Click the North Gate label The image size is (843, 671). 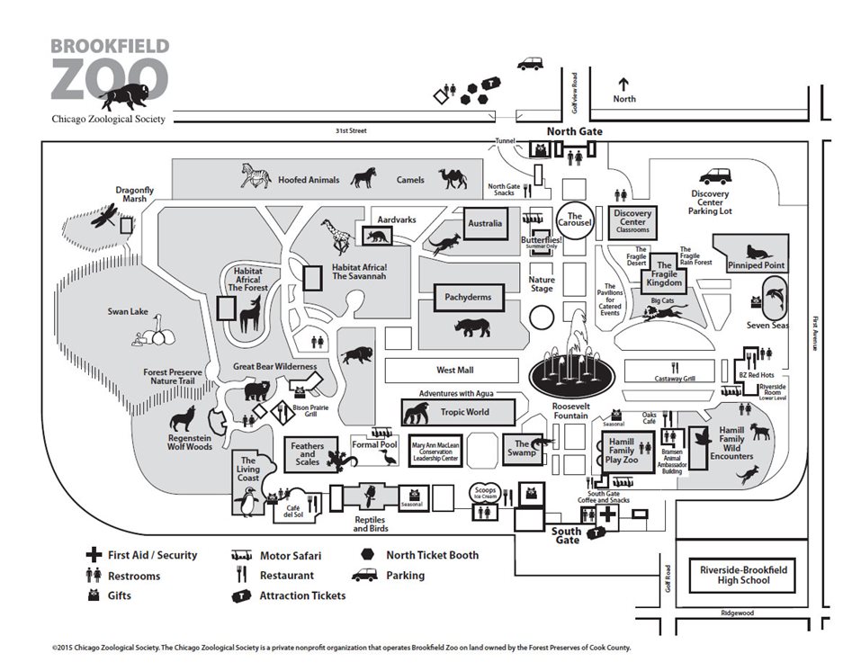[x=575, y=131]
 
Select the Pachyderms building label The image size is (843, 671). [x=469, y=297]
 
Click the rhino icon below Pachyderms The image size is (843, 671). [x=472, y=327]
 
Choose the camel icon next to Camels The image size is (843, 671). [x=453, y=177]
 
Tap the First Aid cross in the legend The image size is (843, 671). [x=92, y=555]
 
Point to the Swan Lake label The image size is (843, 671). [x=128, y=311]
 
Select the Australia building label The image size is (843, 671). [x=485, y=223]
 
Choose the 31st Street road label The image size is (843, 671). [x=351, y=130]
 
